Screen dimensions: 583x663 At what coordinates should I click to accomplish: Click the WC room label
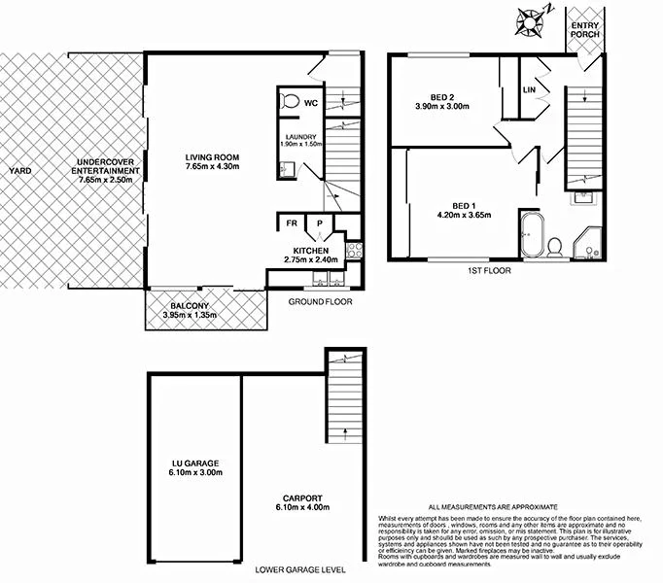tap(311, 102)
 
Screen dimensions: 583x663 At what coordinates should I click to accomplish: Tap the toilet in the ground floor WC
tap(290, 101)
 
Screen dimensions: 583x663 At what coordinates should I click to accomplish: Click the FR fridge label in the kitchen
tap(291, 223)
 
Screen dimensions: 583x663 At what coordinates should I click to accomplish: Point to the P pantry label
tap(320, 223)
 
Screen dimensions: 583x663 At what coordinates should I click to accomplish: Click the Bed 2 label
tap(443, 95)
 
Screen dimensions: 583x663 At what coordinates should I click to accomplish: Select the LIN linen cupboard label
tap(530, 90)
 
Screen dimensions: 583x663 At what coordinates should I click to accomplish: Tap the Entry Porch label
tap(586, 31)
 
